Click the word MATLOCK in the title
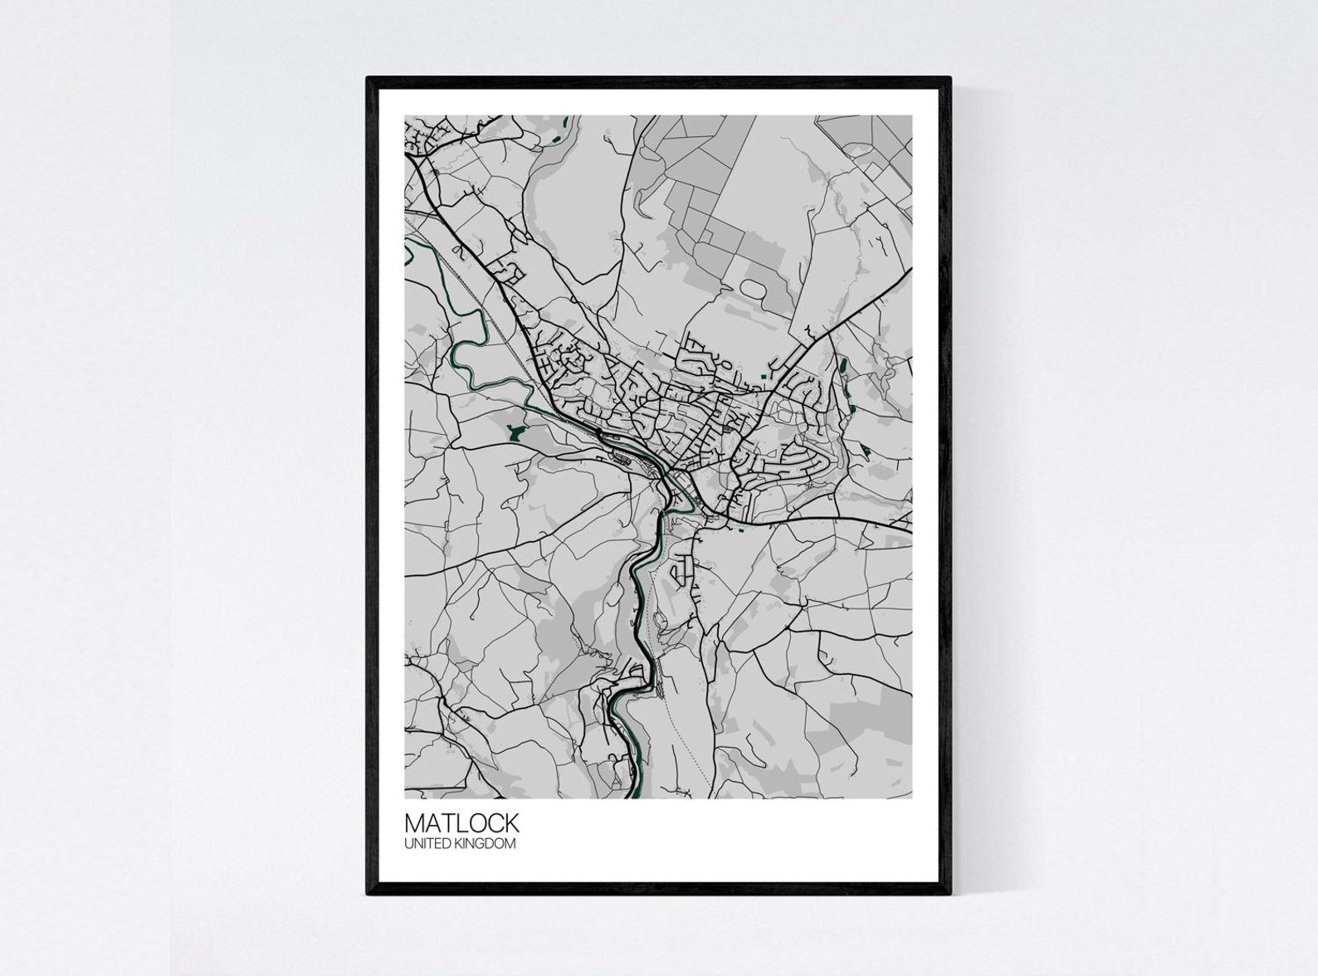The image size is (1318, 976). [x=461, y=822]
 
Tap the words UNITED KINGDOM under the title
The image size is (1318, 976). [x=460, y=844]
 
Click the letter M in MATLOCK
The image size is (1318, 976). [x=414, y=822]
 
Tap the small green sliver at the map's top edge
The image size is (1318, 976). [x=566, y=121]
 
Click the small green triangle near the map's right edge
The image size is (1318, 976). [x=866, y=450]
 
